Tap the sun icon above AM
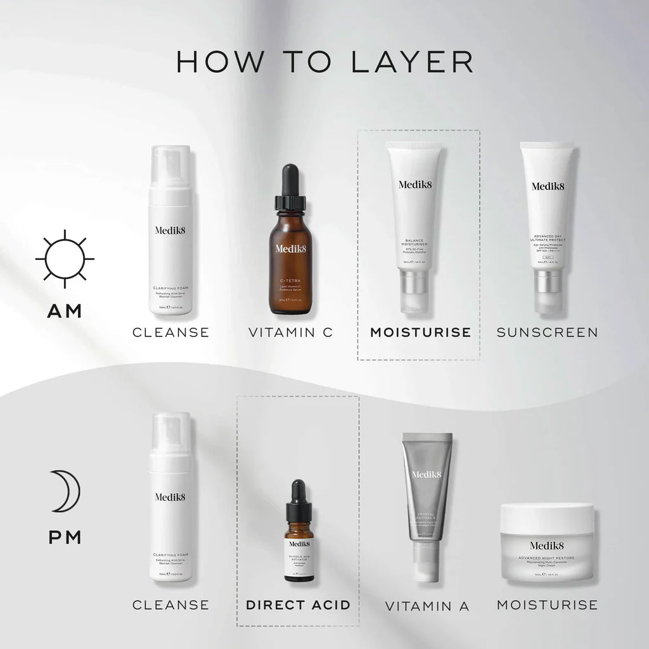(x=64, y=259)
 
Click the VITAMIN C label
(x=290, y=332)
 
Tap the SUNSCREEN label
(x=547, y=332)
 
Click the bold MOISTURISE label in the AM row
(x=420, y=332)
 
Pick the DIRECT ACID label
(x=298, y=605)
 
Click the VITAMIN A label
(x=427, y=606)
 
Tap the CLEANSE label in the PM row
(x=170, y=605)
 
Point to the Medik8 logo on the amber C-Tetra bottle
(x=290, y=248)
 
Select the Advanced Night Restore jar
(x=547, y=544)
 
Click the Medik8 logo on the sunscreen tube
(x=548, y=186)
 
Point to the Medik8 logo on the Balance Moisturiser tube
(x=414, y=184)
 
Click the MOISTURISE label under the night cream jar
(x=547, y=605)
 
